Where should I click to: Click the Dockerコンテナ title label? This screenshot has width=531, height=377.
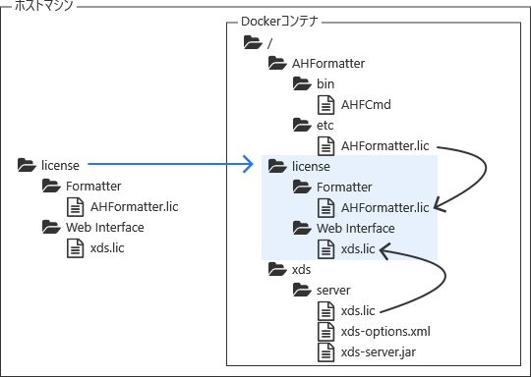click(280, 21)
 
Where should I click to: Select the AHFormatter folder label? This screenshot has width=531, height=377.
click(328, 64)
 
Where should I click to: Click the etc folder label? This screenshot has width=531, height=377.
click(325, 125)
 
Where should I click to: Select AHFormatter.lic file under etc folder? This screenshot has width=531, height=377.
click(384, 146)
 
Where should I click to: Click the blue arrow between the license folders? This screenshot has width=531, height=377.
click(167, 166)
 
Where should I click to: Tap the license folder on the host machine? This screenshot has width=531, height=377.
click(60, 166)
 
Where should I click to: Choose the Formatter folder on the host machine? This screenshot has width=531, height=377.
click(93, 187)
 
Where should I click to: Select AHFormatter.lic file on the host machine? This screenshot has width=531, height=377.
click(134, 207)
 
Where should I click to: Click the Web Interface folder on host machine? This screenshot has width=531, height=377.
click(104, 228)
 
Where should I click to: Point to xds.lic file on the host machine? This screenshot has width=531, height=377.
click(107, 248)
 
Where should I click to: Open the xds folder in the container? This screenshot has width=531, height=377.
click(302, 270)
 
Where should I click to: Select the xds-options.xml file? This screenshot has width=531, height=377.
click(384, 332)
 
